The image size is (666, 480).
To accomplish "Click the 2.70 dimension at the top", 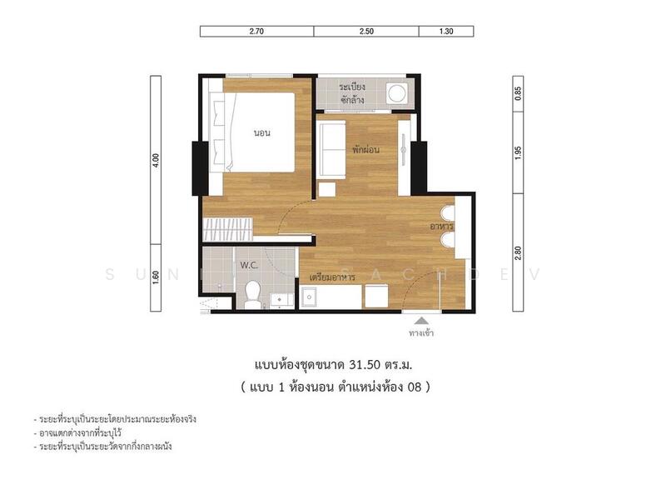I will point(256,32).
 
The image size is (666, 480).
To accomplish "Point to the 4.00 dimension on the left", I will point(155,160).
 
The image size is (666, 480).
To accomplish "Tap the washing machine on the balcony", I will point(399,92).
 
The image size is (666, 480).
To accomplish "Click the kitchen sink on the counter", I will point(311,296).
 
